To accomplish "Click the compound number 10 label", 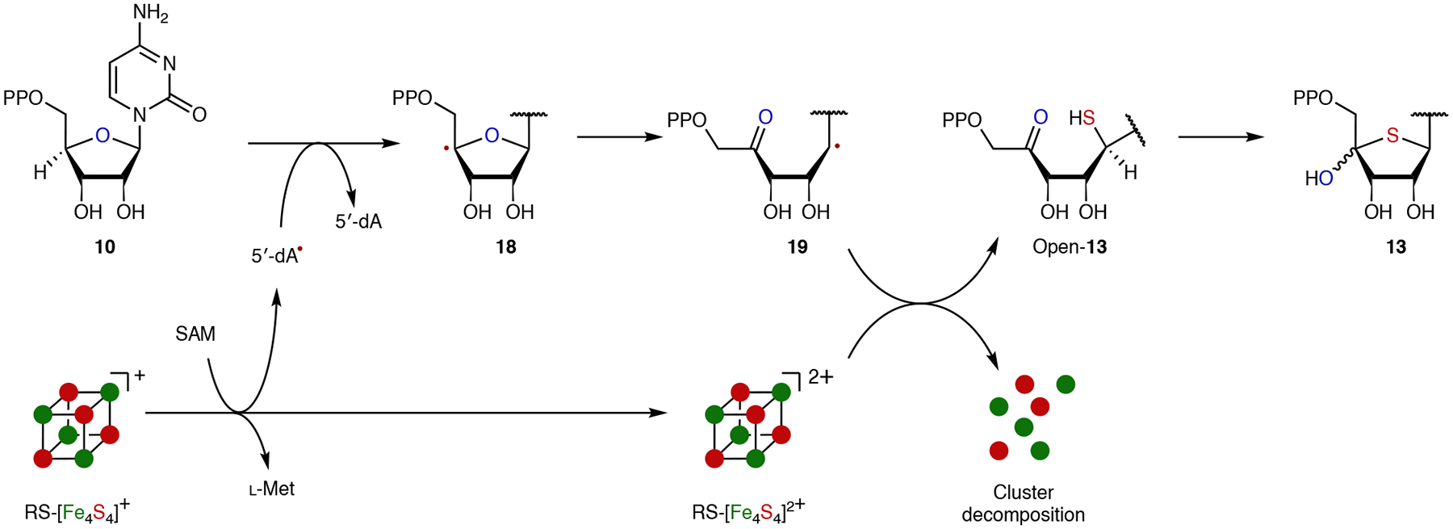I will (105, 247).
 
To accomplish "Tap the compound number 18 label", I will (506, 247).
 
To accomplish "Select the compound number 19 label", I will (797, 247).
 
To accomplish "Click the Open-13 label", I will (1069, 247).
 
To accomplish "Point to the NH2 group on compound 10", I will (150, 14).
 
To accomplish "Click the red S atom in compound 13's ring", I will (1392, 136).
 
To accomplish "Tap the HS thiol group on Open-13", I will (1082, 118).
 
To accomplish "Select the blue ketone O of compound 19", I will (765, 117).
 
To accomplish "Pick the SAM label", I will (195, 334).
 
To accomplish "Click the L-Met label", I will (272, 489).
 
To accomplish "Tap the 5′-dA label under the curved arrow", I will (358, 221).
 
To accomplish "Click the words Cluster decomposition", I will (1023, 503).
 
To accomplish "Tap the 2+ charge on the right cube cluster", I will (820, 376).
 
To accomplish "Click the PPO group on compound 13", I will (1313, 99).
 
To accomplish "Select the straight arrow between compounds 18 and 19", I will (619, 137).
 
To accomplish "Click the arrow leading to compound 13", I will (1221, 137).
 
